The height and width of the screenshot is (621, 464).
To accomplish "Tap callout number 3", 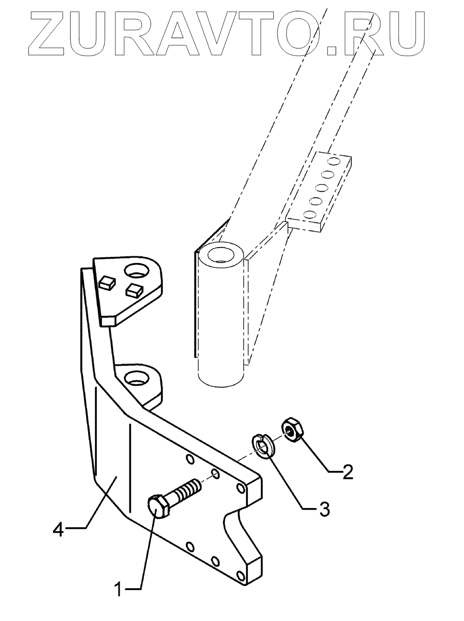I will [323, 510].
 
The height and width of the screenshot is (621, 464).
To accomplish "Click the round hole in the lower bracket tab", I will [135, 378].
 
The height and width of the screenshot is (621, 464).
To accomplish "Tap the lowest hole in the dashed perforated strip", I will [310, 214].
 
